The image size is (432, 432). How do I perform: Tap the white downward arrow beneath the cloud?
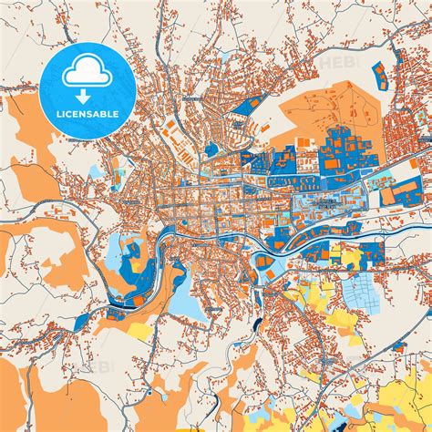pyautogui.click(x=82, y=95)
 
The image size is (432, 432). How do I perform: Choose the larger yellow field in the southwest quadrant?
pyautogui.click(x=137, y=328)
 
